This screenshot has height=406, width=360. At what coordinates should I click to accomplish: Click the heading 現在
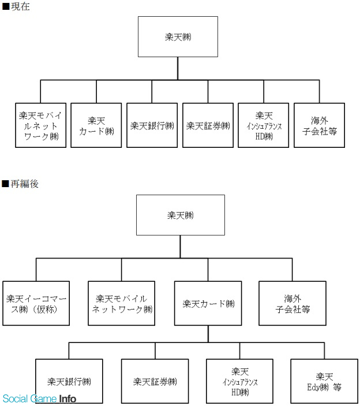coord(16,6)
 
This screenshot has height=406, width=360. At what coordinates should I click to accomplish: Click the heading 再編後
coord(20,184)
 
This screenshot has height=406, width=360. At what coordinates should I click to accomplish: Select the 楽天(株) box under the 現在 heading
coord(178,37)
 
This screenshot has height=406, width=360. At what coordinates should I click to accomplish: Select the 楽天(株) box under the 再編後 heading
coord(181,215)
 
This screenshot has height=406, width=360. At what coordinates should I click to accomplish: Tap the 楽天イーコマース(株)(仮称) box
coord(36,303)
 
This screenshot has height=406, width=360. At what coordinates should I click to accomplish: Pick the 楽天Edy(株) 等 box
coord(324,381)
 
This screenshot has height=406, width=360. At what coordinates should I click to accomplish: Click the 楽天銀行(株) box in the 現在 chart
coord(152,125)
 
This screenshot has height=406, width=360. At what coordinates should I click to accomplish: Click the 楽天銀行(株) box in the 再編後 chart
coord(69,381)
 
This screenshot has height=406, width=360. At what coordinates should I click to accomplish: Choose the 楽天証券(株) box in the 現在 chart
coord(208,125)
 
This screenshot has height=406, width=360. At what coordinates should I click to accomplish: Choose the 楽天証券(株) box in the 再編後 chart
coord(155,381)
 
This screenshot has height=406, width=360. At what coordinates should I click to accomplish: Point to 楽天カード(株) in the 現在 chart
coord(96,125)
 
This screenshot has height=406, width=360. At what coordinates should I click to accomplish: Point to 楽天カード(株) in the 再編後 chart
coord(208,303)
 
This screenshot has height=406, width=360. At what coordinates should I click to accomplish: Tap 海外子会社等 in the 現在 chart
coord(320,125)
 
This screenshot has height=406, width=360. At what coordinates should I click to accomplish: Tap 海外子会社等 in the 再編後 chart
coord(292,303)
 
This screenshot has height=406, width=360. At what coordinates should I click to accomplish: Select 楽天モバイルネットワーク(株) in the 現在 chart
coord(40,125)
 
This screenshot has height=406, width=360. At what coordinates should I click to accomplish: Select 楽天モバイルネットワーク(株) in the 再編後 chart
coord(122,303)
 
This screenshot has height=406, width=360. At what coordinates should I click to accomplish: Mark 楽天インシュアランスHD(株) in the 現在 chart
coord(264,125)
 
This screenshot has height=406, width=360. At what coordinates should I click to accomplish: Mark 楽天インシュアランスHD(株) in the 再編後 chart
coord(240,381)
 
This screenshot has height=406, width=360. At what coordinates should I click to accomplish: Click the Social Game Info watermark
coord(39,398)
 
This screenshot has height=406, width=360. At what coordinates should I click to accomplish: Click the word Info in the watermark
coord(67,398)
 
